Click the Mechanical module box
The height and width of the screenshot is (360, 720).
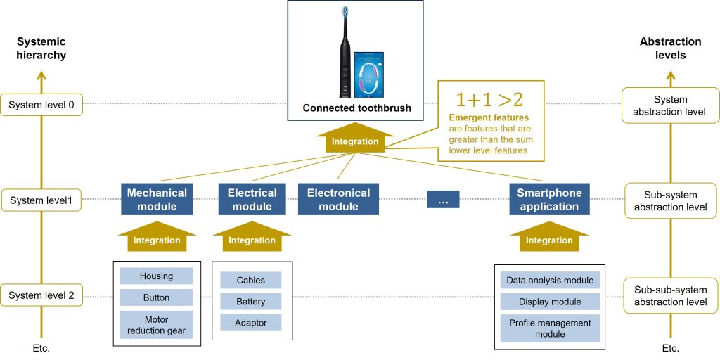[157, 200]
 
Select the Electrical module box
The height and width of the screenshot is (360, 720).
[252, 200]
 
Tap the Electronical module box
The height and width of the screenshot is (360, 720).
[338, 200]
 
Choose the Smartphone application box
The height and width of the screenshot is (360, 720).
[548, 200]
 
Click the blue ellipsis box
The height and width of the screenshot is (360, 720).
[443, 200]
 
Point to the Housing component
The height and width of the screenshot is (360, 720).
[156, 276]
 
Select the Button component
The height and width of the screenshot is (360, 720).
[156, 297]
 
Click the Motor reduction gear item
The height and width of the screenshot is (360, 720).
[156, 324]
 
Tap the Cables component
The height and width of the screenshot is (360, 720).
[251, 280]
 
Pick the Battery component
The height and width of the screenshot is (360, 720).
[251, 302]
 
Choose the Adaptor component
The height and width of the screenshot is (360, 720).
[251, 323]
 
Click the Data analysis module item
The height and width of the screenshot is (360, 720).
[550, 280]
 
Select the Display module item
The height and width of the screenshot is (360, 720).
[550, 302]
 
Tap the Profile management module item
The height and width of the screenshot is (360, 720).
[550, 328]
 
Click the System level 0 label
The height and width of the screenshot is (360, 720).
[41, 105]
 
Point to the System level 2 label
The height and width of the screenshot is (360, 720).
[41, 296]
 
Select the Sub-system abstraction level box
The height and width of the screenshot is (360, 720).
[670, 200]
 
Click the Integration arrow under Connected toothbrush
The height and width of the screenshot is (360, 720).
[355, 139]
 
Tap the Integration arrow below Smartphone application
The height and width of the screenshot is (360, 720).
[549, 238]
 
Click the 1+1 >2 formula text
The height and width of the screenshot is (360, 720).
[489, 99]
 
